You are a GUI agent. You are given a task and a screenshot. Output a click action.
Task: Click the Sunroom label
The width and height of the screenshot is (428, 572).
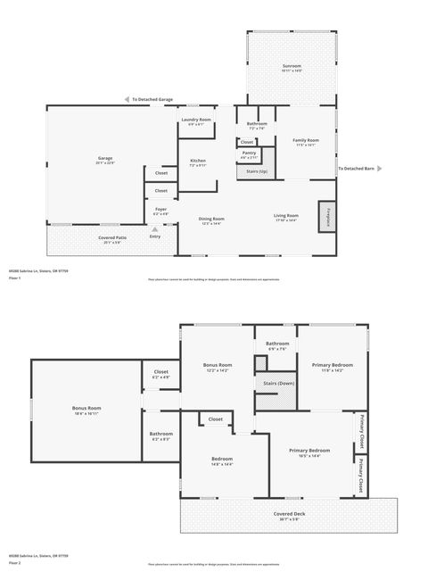292,67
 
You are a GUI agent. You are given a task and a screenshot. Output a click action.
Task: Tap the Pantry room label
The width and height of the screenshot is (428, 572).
250,154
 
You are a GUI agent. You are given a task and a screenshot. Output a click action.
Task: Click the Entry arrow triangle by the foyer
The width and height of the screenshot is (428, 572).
154,229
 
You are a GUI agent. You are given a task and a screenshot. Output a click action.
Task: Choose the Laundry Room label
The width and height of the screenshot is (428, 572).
195,120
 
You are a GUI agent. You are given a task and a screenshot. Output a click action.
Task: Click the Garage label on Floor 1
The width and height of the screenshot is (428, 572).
105,160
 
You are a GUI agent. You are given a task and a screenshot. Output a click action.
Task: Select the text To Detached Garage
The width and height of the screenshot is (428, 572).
152,99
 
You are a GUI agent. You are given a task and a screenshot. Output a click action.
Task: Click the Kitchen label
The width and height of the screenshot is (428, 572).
197,162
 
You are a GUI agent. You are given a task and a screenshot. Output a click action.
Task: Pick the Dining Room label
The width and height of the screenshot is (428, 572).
211,220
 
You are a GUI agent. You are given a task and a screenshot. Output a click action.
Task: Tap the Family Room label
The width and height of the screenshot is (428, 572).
306,141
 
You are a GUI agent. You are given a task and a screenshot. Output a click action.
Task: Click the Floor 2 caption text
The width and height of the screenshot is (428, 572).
14,563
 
